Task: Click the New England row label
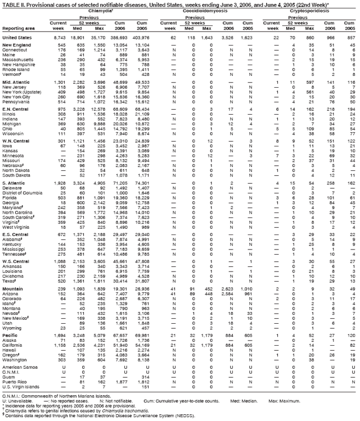15,44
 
